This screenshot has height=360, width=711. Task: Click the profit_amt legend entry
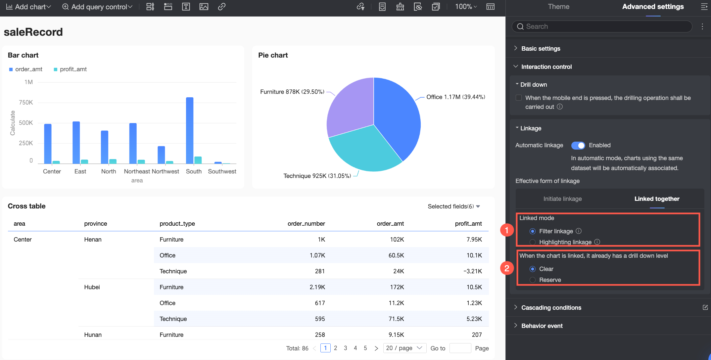pos(70,69)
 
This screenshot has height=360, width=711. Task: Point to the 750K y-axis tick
pos(26,103)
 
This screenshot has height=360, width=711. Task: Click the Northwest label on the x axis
pos(166,171)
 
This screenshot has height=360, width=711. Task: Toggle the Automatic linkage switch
pos(578,145)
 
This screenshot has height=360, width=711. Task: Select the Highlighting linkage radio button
pos(533,242)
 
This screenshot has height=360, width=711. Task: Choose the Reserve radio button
pos(533,280)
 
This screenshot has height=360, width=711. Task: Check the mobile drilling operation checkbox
pos(519,98)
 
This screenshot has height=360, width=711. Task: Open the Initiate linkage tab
pos(562,199)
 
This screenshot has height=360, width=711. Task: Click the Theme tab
pos(558,7)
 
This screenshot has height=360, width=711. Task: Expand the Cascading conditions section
pos(551,308)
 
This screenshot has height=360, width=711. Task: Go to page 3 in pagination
pos(345,348)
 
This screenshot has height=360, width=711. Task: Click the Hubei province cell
pos(92,287)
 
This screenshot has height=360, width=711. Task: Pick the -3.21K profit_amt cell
pos(473,271)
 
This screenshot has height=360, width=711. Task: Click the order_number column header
pos(306,224)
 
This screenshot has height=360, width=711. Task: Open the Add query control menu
pos(97,7)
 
